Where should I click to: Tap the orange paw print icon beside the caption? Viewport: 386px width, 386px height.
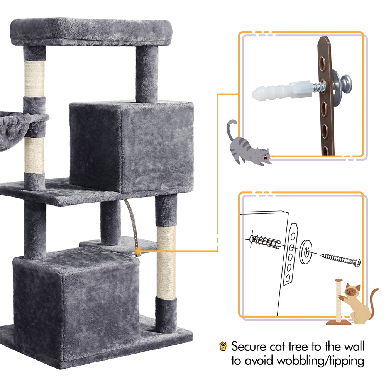(223, 346)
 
